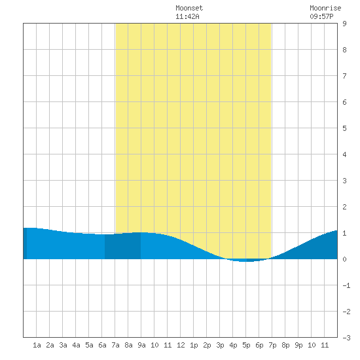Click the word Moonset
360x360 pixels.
(189, 8)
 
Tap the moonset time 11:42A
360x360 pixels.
(187, 16)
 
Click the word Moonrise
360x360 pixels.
(325, 8)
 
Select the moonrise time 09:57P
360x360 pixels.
(321, 16)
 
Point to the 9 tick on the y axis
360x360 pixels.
(344, 24)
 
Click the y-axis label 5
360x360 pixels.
(344, 128)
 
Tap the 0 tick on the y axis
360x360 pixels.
(344, 259)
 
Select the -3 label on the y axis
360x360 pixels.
(346, 338)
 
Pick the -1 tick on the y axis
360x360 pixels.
(346, 285)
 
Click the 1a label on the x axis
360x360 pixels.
(37, 345)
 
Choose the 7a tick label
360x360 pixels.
(115, 345)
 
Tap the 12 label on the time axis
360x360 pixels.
(181, 345)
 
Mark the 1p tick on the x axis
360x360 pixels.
(194, 345)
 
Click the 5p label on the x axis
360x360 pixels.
(246, 345)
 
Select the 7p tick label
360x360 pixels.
(272, 345)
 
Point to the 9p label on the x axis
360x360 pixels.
(298, 345)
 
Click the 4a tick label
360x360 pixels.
(76, 345)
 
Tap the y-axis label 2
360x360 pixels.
(344, 207)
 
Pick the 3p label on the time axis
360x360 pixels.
(220, 345)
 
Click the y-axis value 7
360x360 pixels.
(344, 76)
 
